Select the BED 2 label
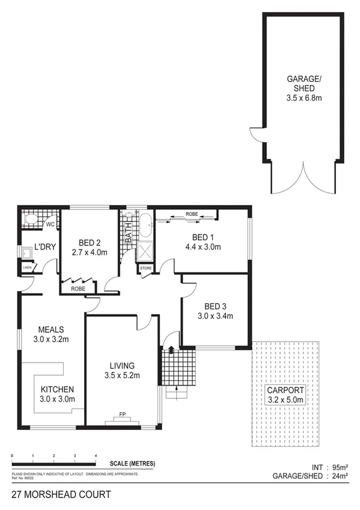(88, 242)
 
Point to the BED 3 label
(215, 306)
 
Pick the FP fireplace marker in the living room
(122, 414)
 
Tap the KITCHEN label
(58, 389)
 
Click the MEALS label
(51, 329)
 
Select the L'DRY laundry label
(44, 247)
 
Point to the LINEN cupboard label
(27, 267)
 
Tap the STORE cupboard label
(146, 269)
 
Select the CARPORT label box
(285, 395)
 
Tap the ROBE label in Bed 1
(192, 214)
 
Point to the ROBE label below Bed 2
(78, 289)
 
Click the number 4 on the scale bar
(96, 456)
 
